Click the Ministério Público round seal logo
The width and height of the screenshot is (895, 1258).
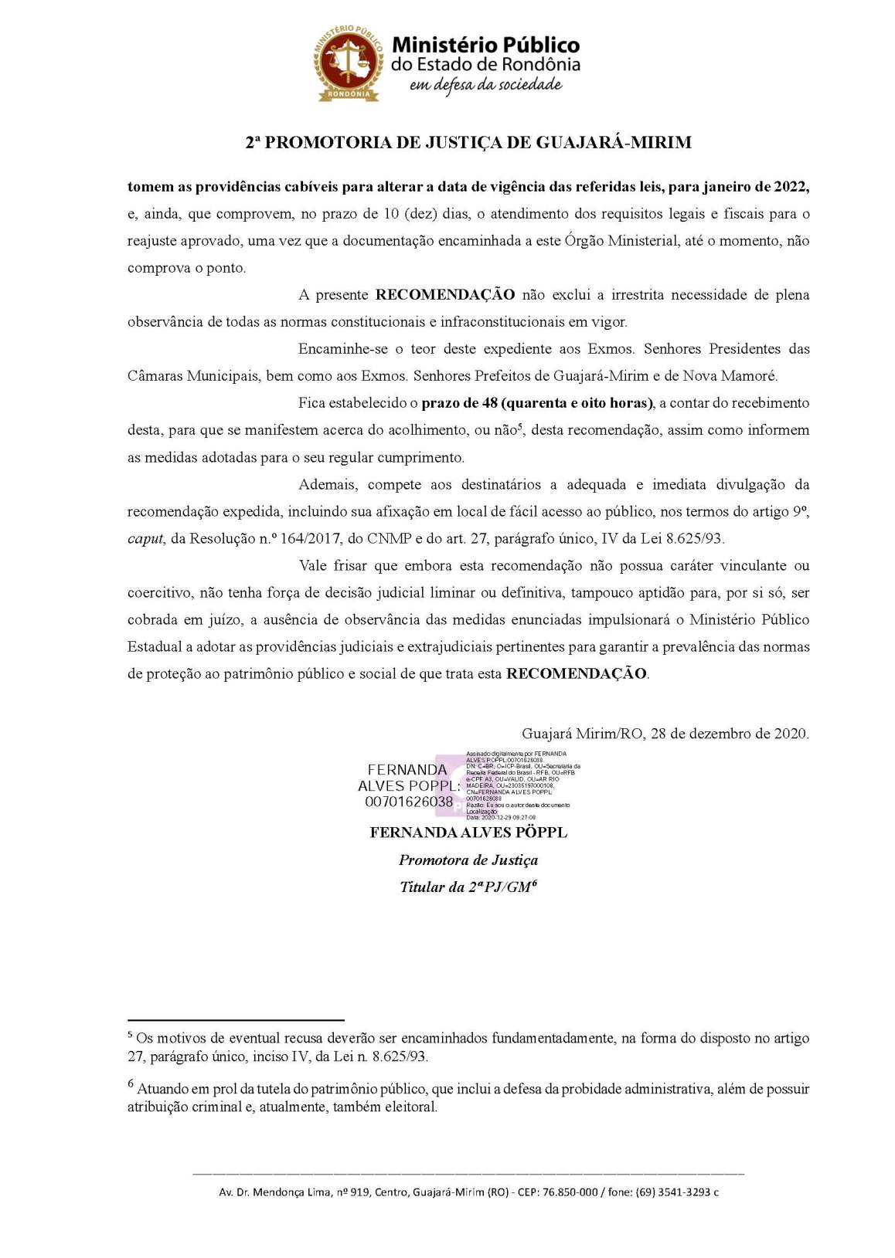point(348,63)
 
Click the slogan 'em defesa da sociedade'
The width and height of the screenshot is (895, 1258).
point(485,85)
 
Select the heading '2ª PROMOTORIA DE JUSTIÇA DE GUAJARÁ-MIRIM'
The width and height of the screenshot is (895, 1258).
point(468,143)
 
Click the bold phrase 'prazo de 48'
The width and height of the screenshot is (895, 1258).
point(459,403)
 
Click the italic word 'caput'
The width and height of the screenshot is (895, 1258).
point(145,539)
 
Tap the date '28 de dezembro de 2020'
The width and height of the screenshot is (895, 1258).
point(729,734)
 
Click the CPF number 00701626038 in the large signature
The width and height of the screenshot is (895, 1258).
point(409,802)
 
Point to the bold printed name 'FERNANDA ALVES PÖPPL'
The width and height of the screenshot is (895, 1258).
point(468,832)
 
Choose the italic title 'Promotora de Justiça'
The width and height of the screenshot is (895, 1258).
point(468,860)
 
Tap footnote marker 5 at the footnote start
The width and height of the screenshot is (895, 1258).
point(131,1035)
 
